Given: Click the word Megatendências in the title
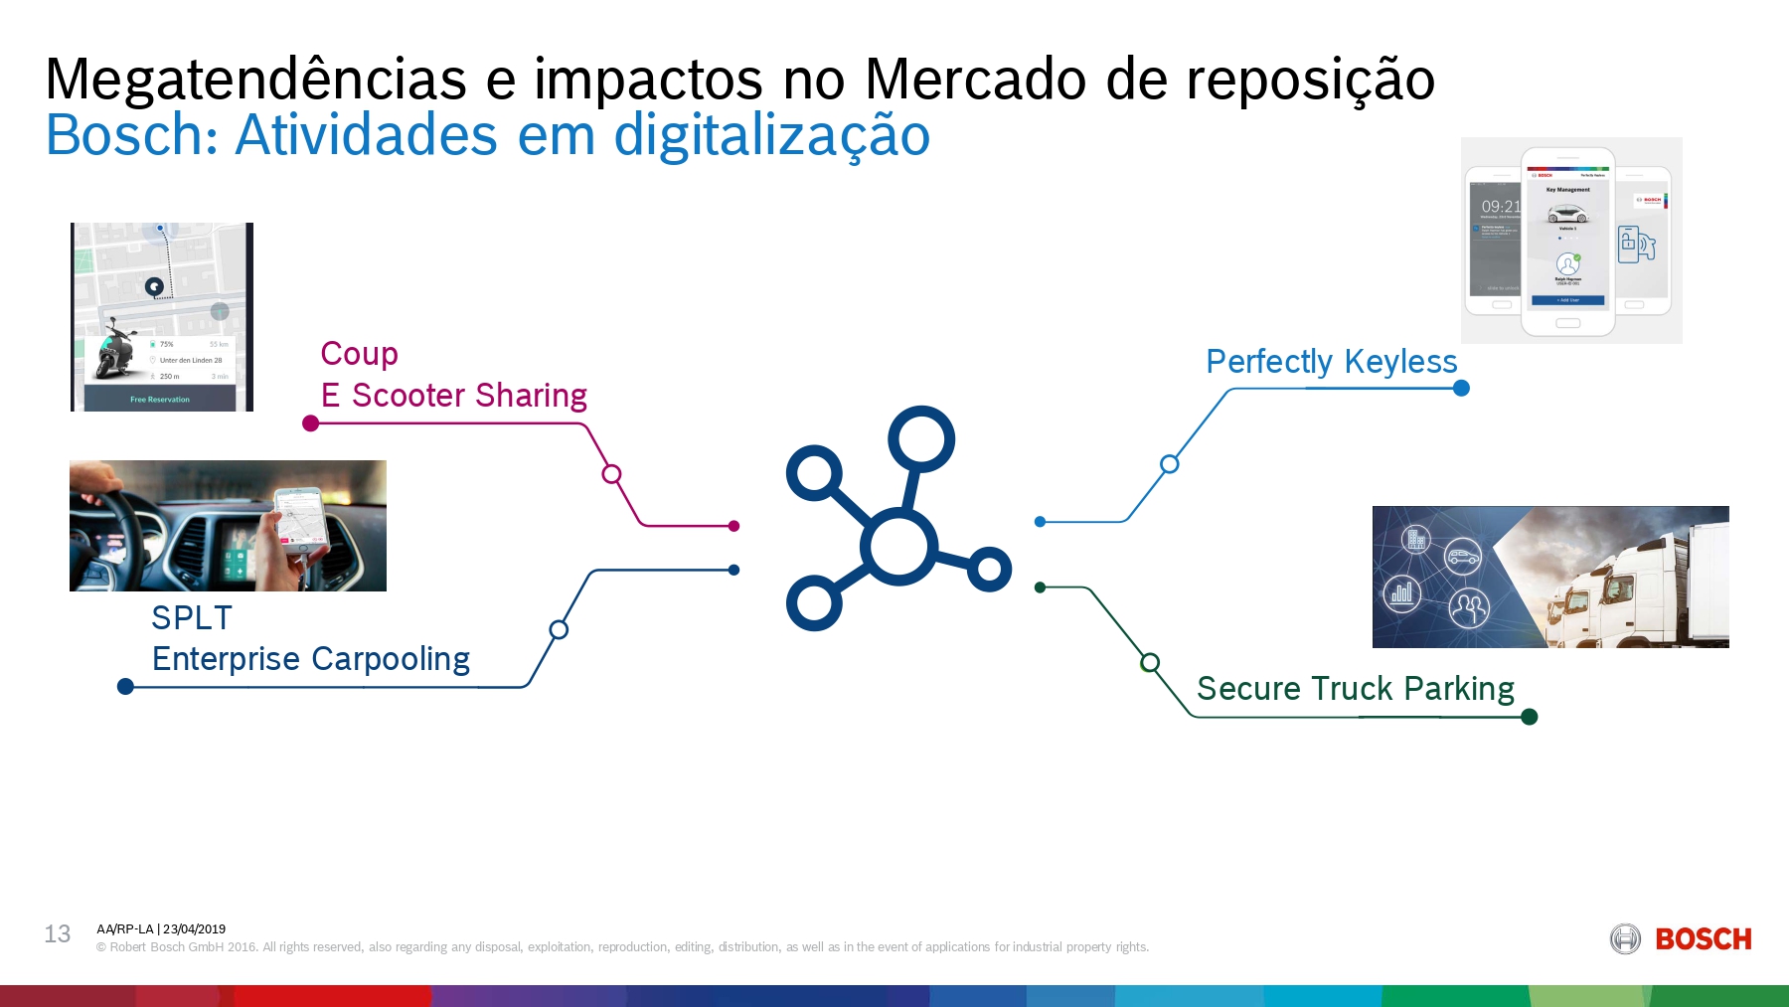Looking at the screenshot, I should pos(255,80).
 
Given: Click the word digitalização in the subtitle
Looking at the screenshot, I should pos(771,136).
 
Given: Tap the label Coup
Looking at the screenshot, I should pos(359,354).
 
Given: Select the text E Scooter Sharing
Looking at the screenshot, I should pos(453,396).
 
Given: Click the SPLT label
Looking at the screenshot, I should pos(192,618).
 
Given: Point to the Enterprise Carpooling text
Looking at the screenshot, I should pos(310,659).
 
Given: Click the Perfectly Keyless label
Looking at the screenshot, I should pos(1331,362).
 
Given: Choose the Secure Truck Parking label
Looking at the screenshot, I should pos(1355,689).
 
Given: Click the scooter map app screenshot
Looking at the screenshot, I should pos(162,317).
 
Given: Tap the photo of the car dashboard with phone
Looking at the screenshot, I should pos(228,526).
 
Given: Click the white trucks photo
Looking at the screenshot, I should pos(1550,577).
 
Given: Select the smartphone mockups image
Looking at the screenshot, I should pos(1570,241).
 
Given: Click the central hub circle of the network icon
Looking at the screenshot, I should pos(898,546).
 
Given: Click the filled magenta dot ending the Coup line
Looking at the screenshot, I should pos(310,423).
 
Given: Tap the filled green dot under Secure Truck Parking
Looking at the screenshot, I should pos(1530,717).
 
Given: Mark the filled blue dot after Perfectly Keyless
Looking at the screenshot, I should pos(1461,388).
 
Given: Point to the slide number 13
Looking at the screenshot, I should pos(58,934).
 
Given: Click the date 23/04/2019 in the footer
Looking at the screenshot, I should pos(195,929).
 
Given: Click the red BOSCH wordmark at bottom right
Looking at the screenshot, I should pos(1703,939).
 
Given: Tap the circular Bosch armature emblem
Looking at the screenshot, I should pos(1625,939).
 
